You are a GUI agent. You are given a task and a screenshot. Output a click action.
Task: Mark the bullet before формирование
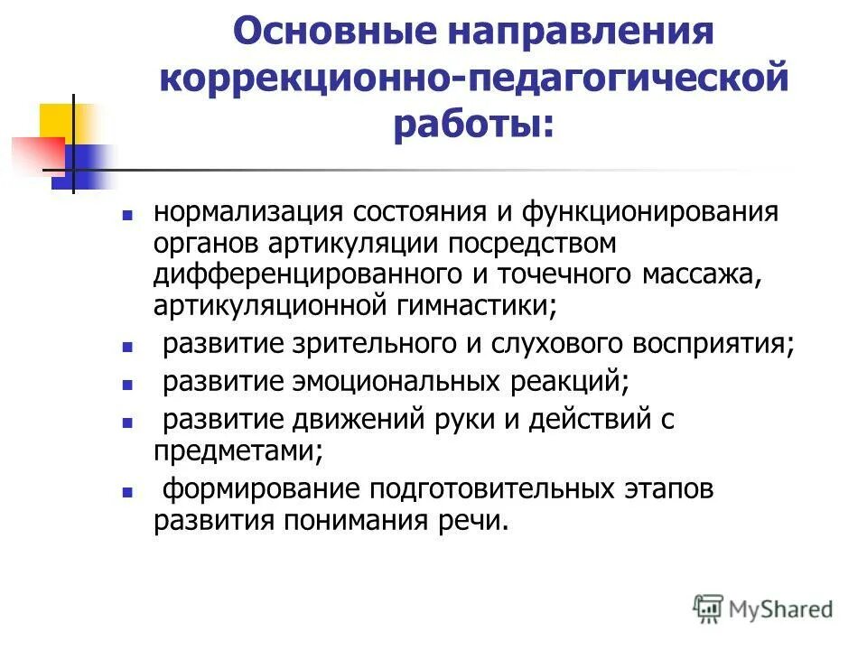[x=127, y=493]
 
